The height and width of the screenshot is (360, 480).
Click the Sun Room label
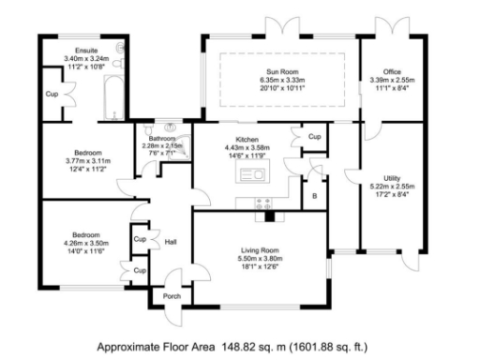click(x=282, y=71)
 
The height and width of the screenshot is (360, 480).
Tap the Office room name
click(x=392, y=71)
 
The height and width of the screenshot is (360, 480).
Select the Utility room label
click(x=392, y=178)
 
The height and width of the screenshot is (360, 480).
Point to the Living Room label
click(x=260, y=250)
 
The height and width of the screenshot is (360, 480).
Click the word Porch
click(x=172, y=296)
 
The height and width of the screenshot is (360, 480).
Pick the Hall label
click(x=171, y=242)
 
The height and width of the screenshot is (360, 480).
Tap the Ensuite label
click(x=86, y=51)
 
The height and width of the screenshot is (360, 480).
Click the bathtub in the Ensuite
click(x=114, y=97)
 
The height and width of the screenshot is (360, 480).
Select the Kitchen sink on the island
click(x=252, y=174)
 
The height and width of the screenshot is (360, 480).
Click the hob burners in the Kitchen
click(x=263, y=203)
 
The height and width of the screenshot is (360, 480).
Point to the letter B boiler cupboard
click(x=315, y=196)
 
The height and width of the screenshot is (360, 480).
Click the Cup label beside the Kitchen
click(x=315, y=137)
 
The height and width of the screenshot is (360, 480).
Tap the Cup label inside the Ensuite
click(x=52, y=94)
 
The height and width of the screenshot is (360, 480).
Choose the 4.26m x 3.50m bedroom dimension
click(x=86, y=243)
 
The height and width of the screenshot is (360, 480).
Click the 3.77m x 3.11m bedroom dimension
click(x=88, y=161)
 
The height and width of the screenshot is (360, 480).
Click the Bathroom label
click(x=162, y=139)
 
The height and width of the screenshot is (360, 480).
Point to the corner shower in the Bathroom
click(x=180, y=148)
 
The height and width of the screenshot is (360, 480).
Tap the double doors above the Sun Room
click(x=282, y=26)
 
